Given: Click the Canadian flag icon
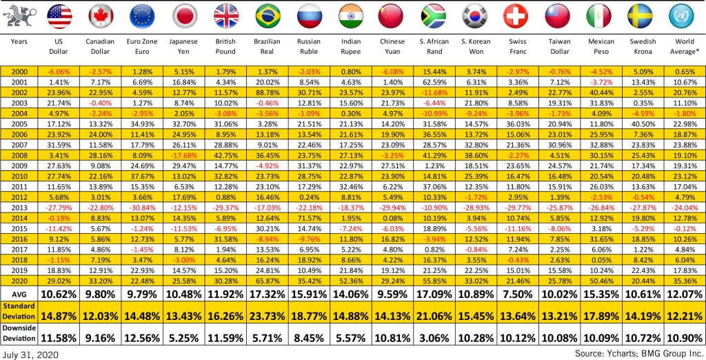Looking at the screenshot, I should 101,16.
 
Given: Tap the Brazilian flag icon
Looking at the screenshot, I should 267,16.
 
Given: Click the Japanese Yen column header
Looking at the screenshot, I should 183,46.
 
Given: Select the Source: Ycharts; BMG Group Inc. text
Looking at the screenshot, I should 638,353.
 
